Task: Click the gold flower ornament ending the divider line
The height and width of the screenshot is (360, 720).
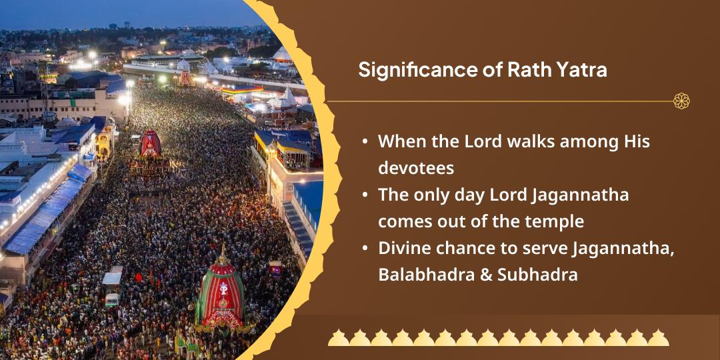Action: pyautogui.click(x=681, y=101)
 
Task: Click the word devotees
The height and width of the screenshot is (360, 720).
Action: pyautogui.click(x=416, y=168)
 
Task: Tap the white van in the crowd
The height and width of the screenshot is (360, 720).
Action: pyautogui.click(x=112, y=300)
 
